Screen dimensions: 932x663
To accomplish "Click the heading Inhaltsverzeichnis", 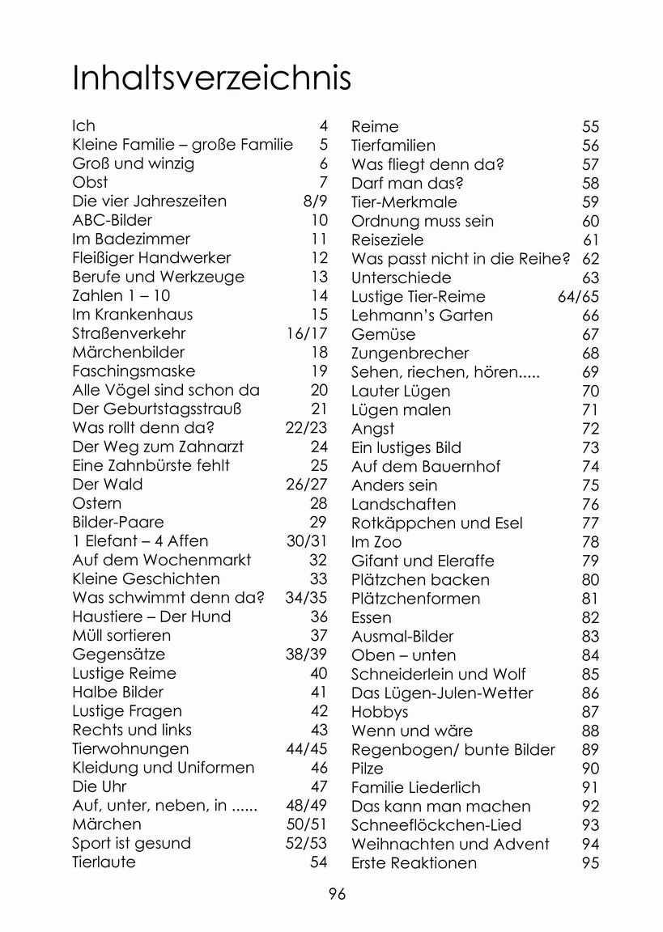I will point(211,79).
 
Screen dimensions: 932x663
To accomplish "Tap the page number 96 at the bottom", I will point(337,893).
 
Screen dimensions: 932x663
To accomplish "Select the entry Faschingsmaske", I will point(134,371).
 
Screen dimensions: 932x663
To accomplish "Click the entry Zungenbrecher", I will point(410,354).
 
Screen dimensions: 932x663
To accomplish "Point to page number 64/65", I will point(578,296).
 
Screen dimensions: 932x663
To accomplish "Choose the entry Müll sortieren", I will point(121,635).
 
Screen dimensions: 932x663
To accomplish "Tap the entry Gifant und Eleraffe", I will point(423,561).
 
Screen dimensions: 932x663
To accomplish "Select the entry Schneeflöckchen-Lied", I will point(436,825).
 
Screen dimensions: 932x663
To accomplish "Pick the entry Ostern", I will point(96,503).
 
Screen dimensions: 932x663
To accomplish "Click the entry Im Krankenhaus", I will point(133,314).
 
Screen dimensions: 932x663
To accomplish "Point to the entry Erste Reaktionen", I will point(414,863).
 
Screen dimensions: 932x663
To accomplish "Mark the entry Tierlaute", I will point(104,862).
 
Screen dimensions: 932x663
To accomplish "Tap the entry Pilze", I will point(368,769).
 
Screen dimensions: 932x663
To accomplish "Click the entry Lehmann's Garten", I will point(422,316).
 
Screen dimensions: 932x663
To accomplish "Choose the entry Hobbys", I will point(380,712).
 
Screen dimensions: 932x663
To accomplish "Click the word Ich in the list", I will point(83,125).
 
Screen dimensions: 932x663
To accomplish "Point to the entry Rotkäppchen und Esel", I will point(437,523).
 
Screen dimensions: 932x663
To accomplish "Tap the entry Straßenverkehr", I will point(129,333).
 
